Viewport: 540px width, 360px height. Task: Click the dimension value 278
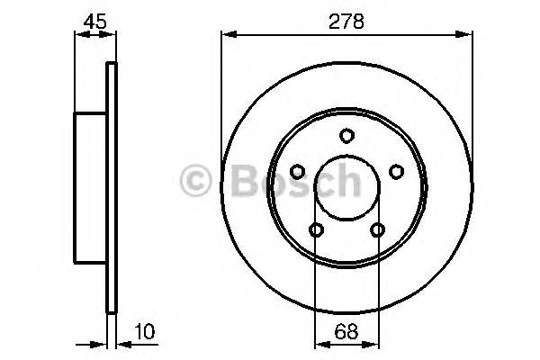tap(347, 21)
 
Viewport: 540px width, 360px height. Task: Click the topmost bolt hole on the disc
tap(346, 135)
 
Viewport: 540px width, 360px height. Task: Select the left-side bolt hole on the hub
tap(297, 171)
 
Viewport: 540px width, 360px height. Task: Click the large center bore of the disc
tap(346, 187)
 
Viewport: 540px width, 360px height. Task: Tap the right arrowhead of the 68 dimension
tap(373, 343)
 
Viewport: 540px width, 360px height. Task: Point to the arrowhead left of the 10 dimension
tap(102, 343)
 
